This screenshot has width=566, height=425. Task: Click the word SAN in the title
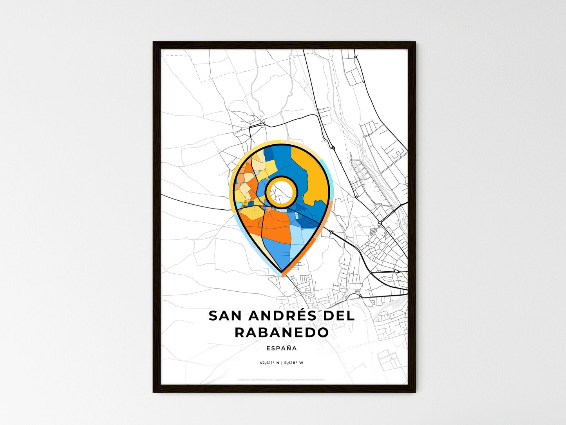click(224, 316)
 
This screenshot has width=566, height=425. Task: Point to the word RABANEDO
click(282, 332)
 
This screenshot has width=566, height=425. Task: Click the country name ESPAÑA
click(281, 348)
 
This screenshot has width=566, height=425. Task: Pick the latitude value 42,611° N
click(269, 363)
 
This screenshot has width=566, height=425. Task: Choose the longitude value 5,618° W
click(294, 363)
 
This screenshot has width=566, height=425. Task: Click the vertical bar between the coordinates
click(282, 363)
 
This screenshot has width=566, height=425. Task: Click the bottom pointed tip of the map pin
click(282, 271)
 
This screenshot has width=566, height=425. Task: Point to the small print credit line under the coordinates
click(281, 380)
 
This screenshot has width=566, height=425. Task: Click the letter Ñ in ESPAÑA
click(289, 348)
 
